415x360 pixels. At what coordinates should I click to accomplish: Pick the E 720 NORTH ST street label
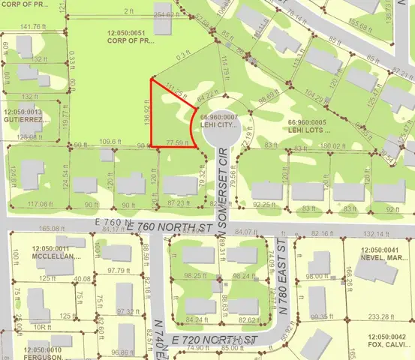click(x=214, y=340)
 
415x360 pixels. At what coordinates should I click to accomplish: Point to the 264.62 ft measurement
click(x=170, y=14)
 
